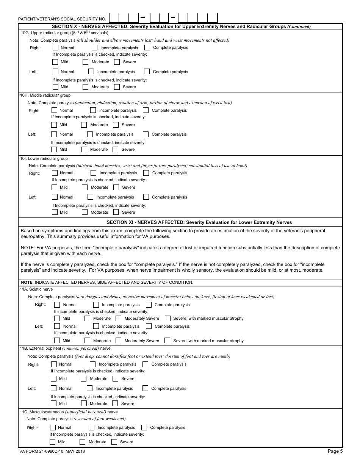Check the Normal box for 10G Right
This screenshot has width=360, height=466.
tap(56, 48)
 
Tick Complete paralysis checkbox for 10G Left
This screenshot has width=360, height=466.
tap(147, 71)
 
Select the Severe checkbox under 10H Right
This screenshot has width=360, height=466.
tap(116, 125)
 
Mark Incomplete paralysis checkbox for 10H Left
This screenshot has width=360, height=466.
tap(90, 134)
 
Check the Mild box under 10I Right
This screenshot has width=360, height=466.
tap(55, 187)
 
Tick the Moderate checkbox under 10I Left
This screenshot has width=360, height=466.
tap(85, 212)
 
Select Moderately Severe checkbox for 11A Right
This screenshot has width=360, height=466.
tap(119, 318)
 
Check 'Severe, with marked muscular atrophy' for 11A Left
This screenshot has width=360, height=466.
tap(167, 340)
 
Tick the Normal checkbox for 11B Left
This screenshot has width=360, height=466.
tap(54, 388)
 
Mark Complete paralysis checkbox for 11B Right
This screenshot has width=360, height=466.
tap(146, 364)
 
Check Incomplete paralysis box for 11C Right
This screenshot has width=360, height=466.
tap(91, 427)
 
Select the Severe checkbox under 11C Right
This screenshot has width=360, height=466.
tap(114, 442)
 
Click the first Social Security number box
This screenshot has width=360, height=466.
tap(114, 18)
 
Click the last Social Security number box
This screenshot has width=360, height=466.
tap(213, 18)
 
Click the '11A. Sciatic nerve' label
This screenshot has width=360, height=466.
tap(37, 289)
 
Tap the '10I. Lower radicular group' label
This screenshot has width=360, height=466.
tap(44, 158)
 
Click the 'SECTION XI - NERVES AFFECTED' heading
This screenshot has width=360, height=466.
tap(199, 222)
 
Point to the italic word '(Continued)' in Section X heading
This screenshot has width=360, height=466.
tap(299, 27)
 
